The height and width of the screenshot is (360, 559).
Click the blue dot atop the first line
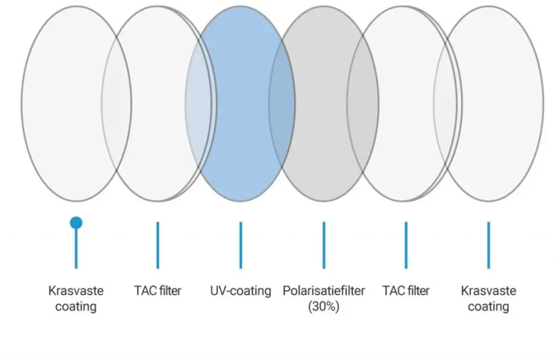76,223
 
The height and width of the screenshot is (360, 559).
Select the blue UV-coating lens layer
240,104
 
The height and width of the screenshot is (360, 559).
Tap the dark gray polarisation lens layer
323,104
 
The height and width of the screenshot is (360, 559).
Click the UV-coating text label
241,291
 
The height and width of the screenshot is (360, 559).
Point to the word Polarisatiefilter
323,291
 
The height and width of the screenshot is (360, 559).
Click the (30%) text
323,307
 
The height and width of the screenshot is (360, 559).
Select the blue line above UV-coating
241,245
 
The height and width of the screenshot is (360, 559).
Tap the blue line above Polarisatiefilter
323,245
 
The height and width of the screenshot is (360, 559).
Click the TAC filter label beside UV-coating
157,291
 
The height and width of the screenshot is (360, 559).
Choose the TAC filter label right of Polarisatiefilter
406,291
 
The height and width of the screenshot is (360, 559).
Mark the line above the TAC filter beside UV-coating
157,245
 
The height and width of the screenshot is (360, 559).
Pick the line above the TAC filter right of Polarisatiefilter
406,245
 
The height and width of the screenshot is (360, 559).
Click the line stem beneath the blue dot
76,249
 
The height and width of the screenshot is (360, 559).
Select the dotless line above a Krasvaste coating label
489,245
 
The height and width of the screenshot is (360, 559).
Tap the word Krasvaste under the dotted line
76,291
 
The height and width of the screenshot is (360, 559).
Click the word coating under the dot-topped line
76,307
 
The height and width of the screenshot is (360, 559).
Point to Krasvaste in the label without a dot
489,291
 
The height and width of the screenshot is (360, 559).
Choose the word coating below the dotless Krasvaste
489,307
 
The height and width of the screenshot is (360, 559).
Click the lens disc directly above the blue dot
76,104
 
